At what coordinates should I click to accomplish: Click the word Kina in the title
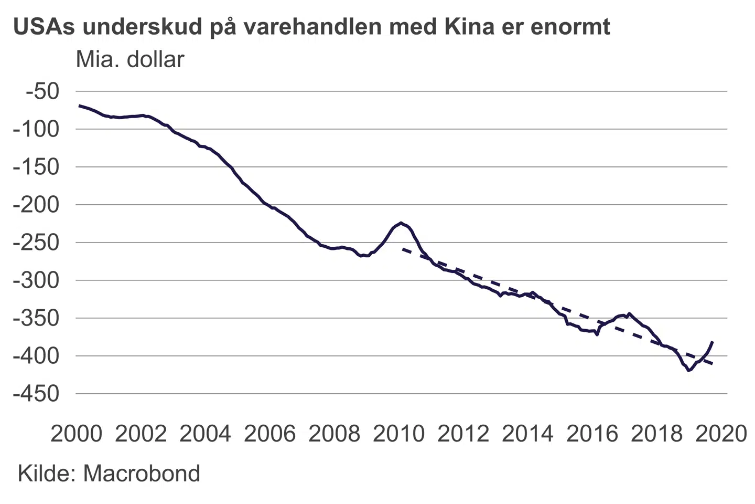[x=469, y=26]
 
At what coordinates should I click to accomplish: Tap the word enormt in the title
[x=570, y=26]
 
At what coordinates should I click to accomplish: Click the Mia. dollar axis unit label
[x=130, y=60]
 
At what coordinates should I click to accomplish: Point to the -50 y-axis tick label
[x=42, y=91]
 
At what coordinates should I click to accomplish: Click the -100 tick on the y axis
[x=36, y=129]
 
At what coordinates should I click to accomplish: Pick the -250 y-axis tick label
[x=36, y=243]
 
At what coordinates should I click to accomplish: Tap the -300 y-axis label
[x=36, y=280]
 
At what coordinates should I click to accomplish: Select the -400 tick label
[x=36, y=356]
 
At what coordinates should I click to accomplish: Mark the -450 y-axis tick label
[x=36, y=394]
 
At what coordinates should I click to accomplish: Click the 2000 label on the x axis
[x=77, y=434]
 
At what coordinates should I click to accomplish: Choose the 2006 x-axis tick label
[x=270, y=434]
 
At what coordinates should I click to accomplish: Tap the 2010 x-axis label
[x=399, y=434]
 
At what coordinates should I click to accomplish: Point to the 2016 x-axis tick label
[x=592, y=434]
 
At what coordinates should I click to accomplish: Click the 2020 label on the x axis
[x=721, y=434]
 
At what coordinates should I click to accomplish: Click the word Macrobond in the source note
[x=142, y=474]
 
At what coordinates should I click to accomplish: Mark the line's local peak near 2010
[x=401, y=223]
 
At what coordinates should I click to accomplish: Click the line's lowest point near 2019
[x=689, y=371]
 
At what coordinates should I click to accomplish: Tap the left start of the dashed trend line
[x=403, y=249]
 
